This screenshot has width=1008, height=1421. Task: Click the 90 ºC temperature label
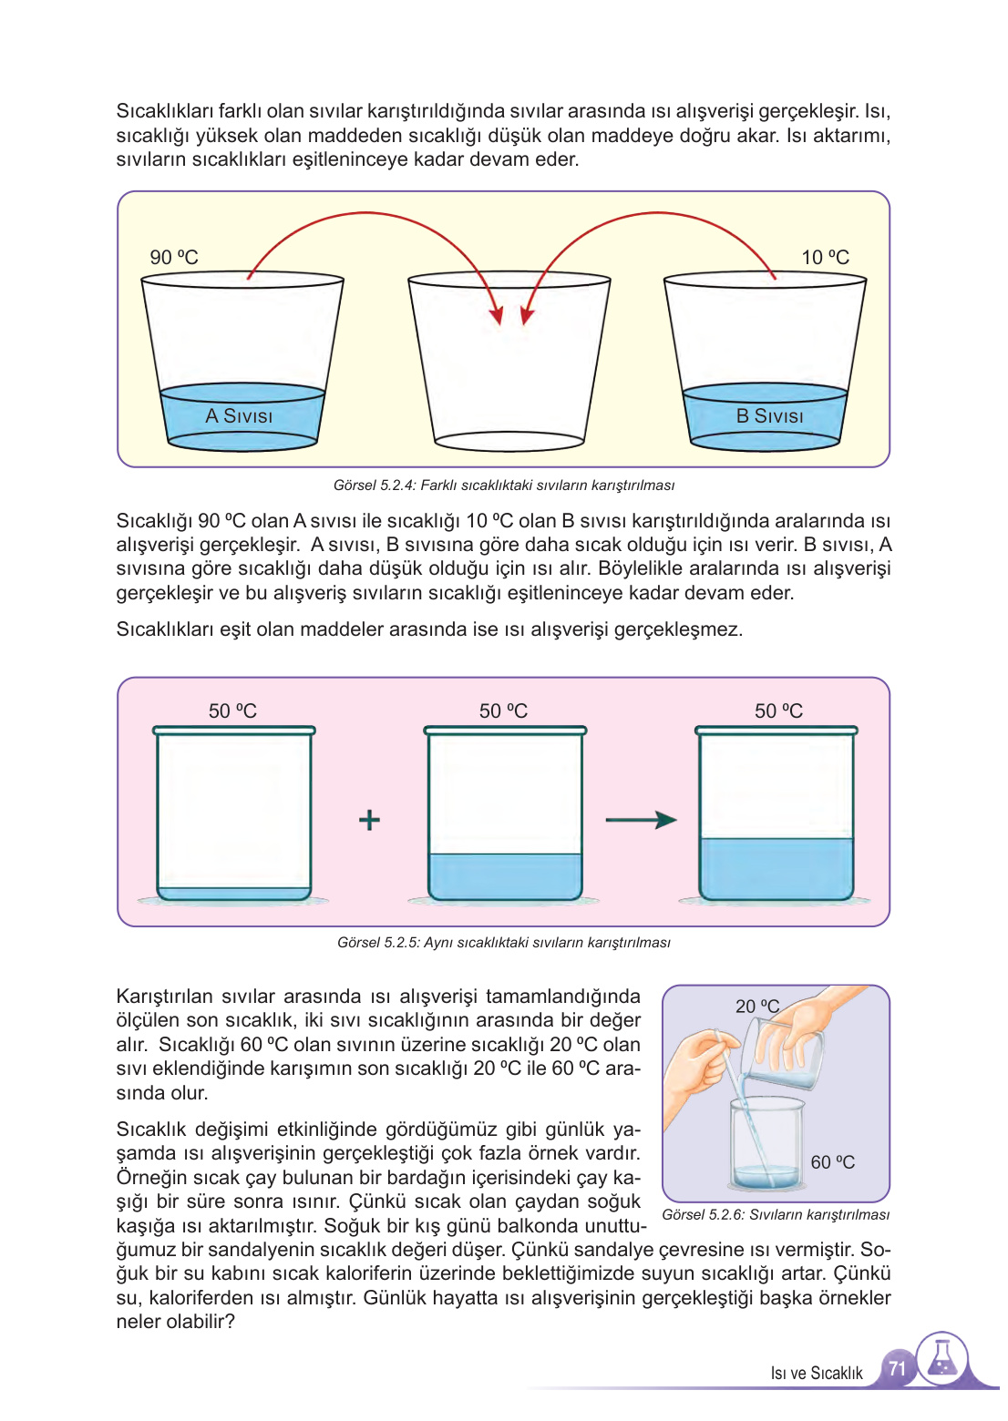pos(174,258)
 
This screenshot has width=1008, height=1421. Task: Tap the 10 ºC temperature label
pos(825,258)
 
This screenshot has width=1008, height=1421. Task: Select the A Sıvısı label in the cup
pos(239,416)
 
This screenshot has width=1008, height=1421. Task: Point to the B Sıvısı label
pos(769,416)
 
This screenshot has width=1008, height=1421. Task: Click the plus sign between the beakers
pos(369,820)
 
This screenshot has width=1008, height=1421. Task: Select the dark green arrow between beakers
pos(641,820)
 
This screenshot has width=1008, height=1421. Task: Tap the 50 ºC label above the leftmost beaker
pos(232,710)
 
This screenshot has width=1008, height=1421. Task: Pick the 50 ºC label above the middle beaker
pos(503,710)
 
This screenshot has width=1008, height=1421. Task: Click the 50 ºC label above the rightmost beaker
pos(778,710)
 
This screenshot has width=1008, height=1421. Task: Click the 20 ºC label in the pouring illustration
pos(756,1007)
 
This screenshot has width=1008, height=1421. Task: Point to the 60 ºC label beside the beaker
pos(832,1162)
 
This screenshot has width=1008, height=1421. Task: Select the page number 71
pos(897,1368)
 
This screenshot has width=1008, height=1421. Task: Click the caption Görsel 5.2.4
pos(503,486)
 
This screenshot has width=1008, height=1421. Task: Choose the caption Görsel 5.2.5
pos(503,943)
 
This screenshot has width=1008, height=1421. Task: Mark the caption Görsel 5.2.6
pos(776,1215)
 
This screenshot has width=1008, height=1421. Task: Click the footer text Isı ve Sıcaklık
pos(816,1374)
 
